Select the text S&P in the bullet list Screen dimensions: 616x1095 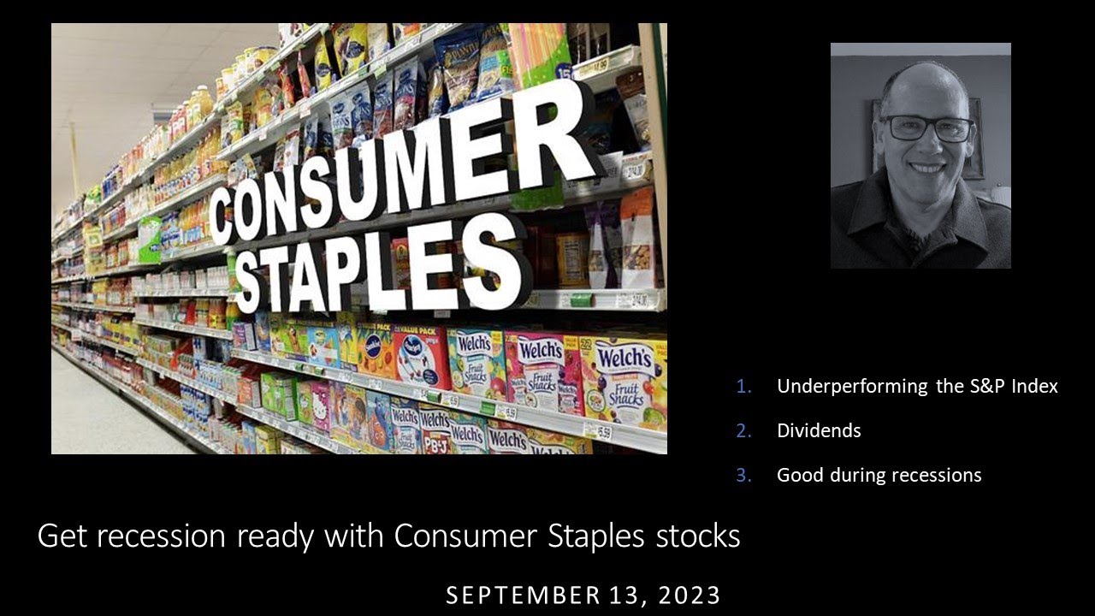[985, 387]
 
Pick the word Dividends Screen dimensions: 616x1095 [819, 431]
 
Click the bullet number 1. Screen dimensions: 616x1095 [743, 387]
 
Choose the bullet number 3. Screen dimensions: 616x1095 [743, 476]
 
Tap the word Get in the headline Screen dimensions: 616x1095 [62, 536]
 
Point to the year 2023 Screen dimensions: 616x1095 [690, 595]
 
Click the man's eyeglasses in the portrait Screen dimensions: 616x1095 [927, 128]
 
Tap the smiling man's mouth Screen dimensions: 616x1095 [927, 168]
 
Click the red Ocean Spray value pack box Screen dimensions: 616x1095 [421, 355]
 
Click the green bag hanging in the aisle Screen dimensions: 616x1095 [150, 239]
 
